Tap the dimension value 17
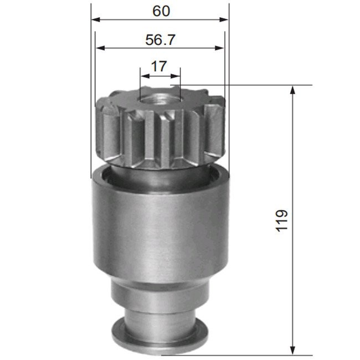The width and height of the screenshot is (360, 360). (159, 66)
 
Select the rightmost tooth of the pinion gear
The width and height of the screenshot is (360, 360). (215, 127)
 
